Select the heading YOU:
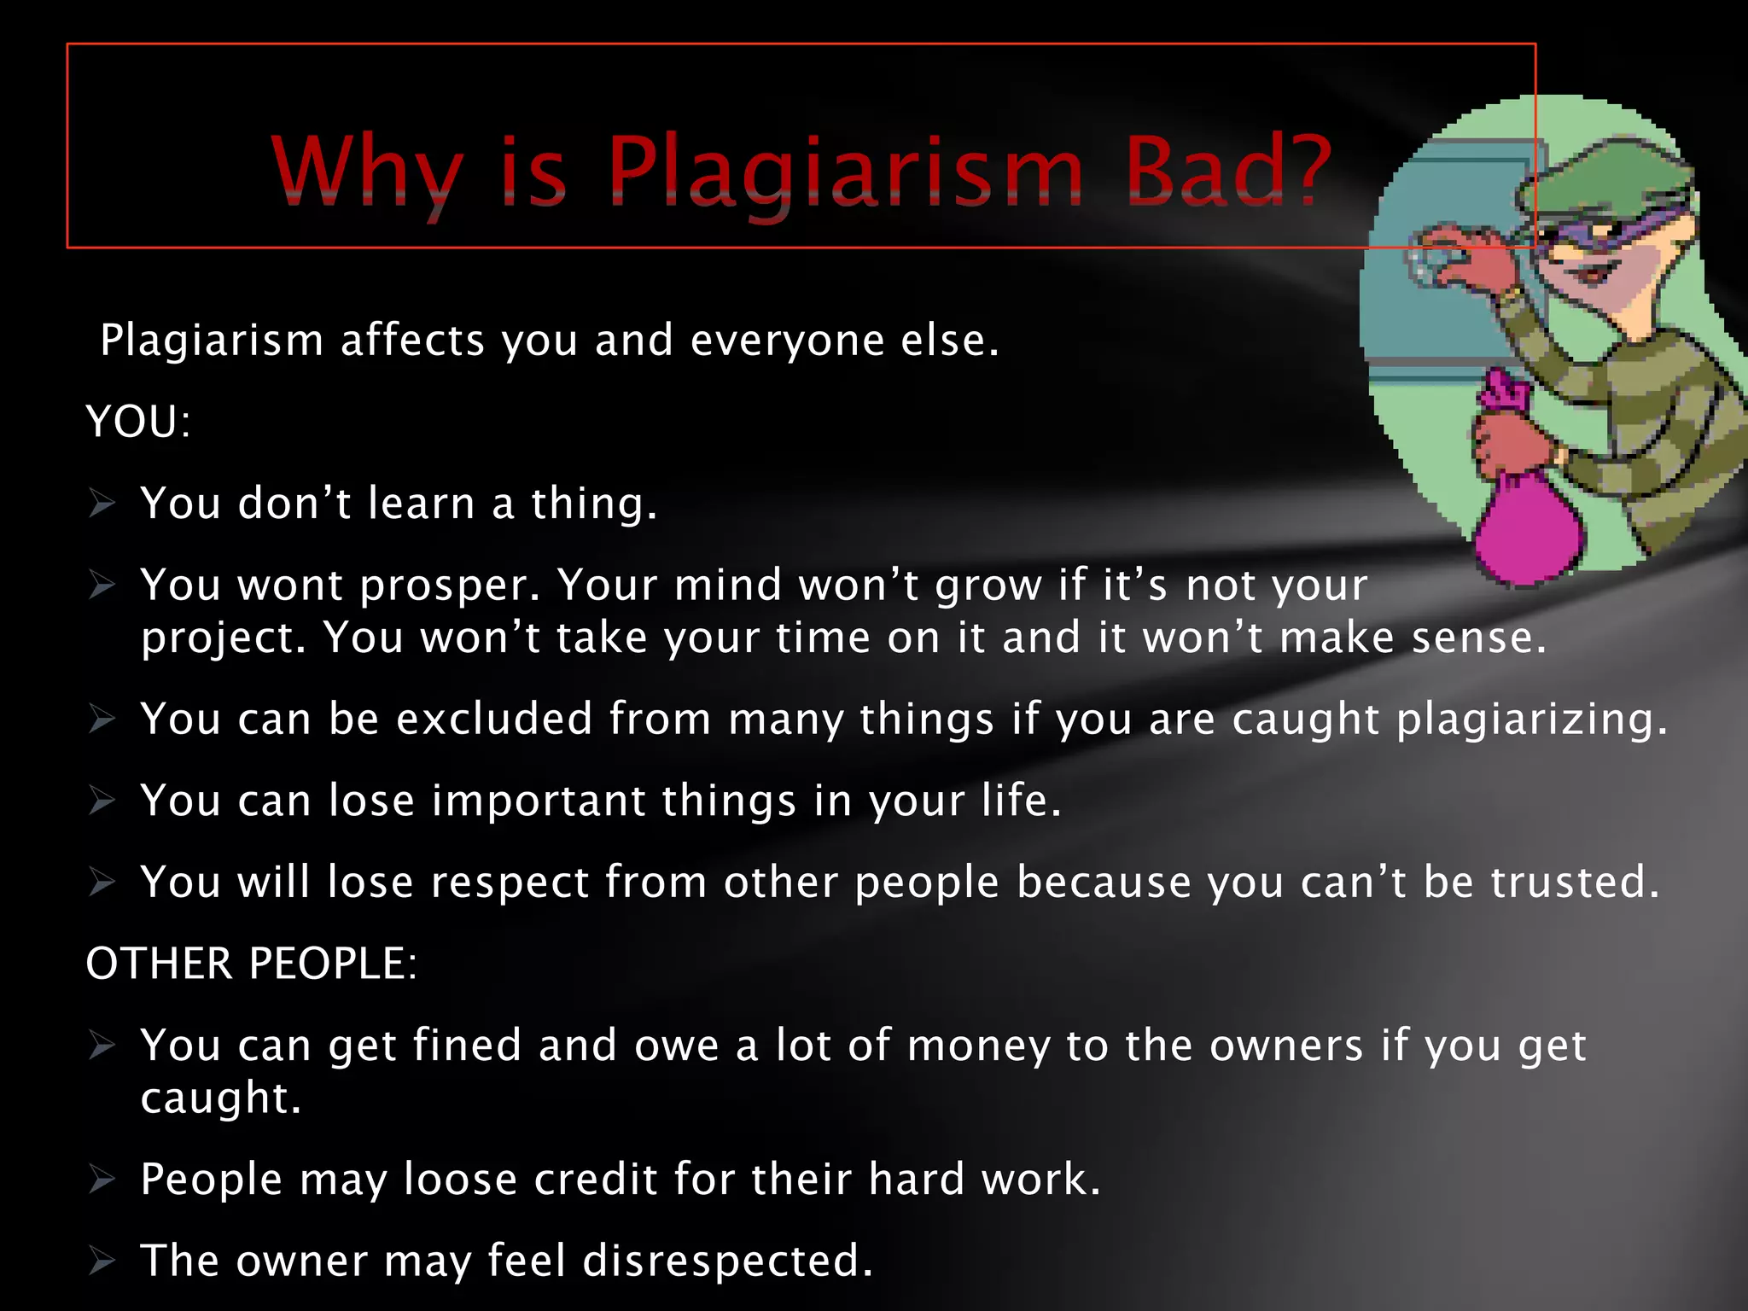point(137,422)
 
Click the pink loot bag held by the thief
point(1528,521)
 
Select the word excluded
point(494,719)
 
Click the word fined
point(467,1046)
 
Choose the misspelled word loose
point(460,1180)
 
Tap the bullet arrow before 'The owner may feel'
point(102,1261)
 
